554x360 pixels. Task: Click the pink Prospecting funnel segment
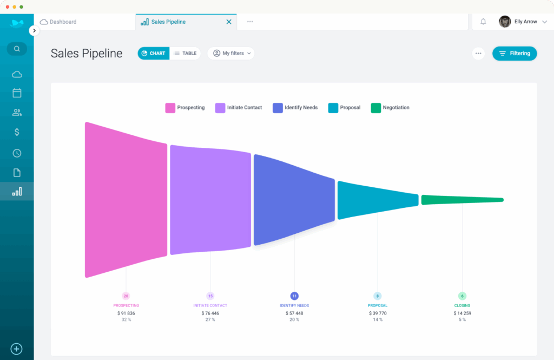tap(126, 199)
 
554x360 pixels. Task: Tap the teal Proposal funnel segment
tap(378, 200)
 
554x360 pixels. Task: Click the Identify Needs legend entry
tap(295, 108)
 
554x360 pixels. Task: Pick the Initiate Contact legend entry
tap(239, 108)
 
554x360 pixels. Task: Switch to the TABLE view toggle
tap(185, 53)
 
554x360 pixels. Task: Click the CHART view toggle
tap(153, 53)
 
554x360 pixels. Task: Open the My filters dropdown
tap(231, 53)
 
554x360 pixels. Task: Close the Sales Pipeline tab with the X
tap(229, 22)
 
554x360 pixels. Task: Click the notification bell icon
tap(483, 22)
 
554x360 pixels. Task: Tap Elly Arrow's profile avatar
tap(505, 22)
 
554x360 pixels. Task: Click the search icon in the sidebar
tap(17, 49)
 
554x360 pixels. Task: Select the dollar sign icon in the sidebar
tap(17, 132)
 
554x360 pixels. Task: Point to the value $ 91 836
tap(126, 313)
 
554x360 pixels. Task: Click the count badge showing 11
tap(294, 296)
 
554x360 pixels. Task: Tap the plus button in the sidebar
tap(17, 349)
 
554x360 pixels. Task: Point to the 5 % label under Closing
tap(462, 319)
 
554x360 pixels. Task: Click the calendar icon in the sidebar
tap(17, 93)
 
